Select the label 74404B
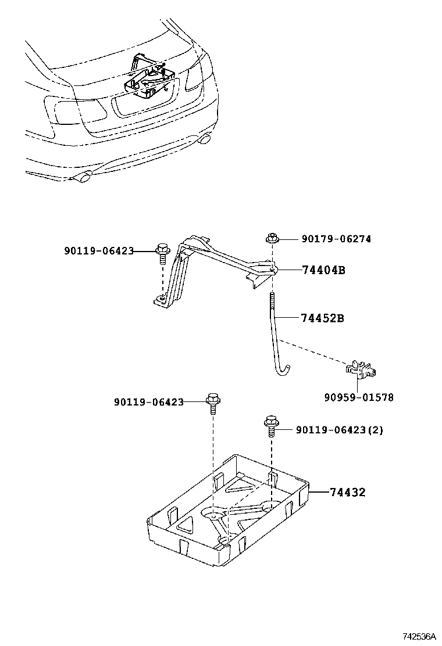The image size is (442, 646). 323,270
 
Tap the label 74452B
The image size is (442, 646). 323,318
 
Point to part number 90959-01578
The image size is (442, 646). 359,397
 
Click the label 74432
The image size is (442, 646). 348,493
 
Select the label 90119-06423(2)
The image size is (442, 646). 340,430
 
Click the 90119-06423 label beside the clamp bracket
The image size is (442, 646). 99,251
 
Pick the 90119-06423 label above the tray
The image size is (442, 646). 149,401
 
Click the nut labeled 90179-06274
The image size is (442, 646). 271,238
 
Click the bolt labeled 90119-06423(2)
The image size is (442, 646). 270,425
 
